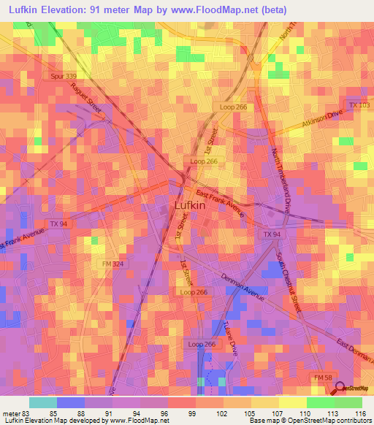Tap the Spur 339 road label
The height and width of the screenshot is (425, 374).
64,75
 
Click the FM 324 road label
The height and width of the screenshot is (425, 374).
112,263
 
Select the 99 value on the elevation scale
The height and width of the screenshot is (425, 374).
191,413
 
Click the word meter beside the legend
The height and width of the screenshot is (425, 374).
12,413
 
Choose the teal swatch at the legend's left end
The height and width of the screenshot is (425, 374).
42,402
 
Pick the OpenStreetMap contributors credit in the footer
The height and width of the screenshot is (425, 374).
313,421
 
